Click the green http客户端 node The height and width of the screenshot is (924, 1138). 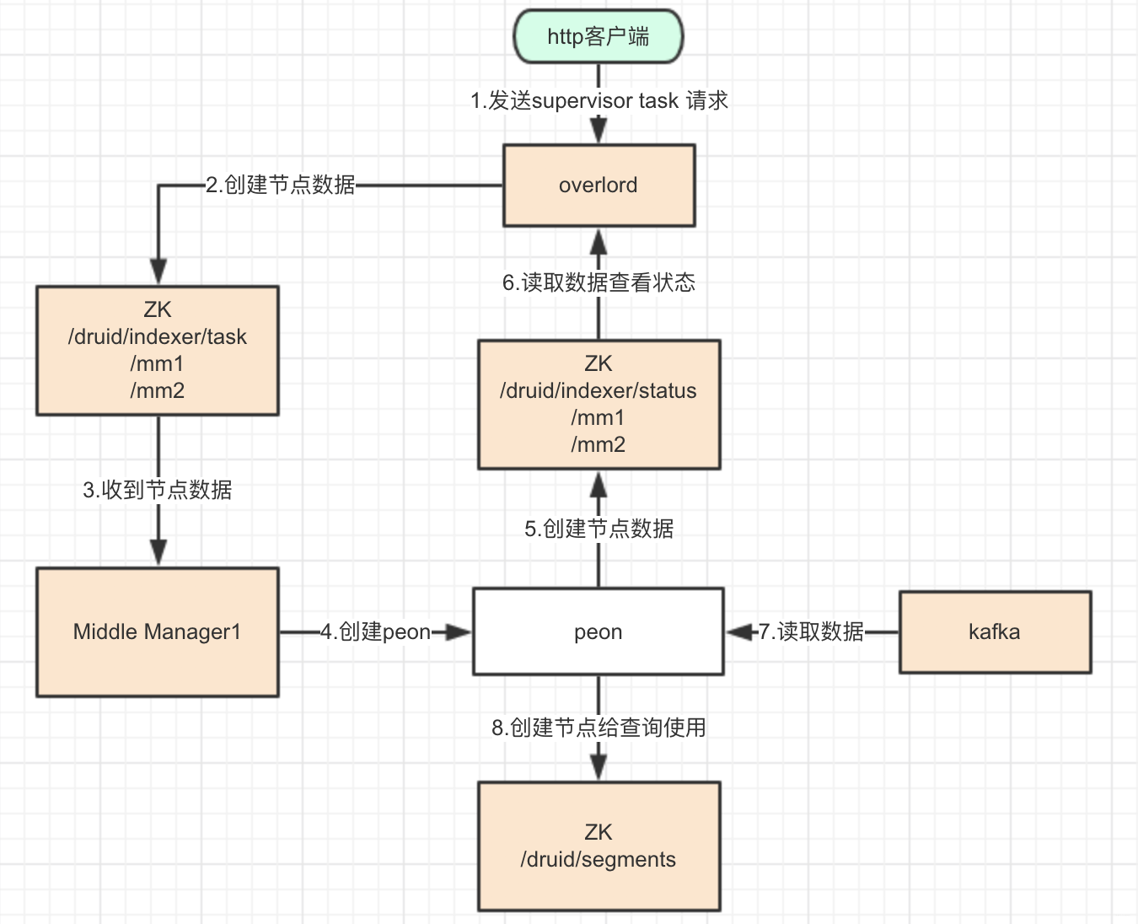tap(598, 36)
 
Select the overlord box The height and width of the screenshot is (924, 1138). tap(599, 185)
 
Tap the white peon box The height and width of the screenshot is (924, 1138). tap(598, 631)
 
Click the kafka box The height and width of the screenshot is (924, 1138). tap(995, 631)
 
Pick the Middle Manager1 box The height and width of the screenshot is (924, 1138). tap(157, 631)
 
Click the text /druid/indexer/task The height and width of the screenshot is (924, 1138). tap(157, 336)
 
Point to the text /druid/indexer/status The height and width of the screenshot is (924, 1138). tap(598, 390)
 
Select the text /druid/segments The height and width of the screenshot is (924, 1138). tap(598, 859)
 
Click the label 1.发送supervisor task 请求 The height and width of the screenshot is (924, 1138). tap(599, 100)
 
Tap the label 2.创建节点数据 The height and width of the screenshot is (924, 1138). tap(281, 185)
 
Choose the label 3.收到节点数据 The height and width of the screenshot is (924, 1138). tap(157, 490)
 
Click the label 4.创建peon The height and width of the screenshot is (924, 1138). tap(375, 631)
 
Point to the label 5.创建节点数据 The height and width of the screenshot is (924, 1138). tap(599, 529)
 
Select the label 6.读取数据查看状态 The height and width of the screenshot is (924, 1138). tap(599, 282)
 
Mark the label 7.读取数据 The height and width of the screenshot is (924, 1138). tap(811, 631)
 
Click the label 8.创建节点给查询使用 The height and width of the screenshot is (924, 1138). tap(599, 728)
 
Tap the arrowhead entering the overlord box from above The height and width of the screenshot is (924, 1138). tap(599, 132)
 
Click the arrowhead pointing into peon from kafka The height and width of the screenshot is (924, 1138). tap(739, 631)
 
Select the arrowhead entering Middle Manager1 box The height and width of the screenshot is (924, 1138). tap(158, 553)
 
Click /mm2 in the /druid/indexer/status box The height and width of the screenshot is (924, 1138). tap(598, 444)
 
